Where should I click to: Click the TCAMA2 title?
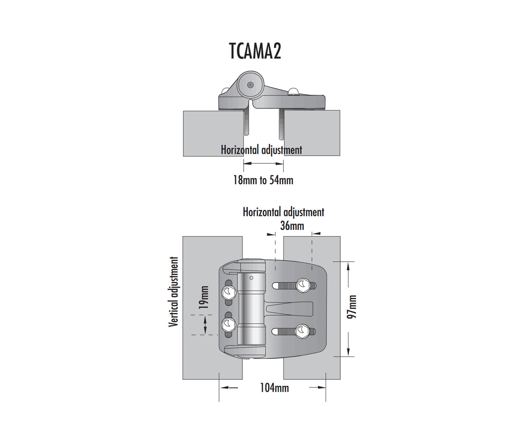(x=255, y=51)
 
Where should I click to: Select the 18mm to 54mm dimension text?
(x=263, y=180)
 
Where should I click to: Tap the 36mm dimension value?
(x=292, y=226)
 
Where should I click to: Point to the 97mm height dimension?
(x=352, y=307)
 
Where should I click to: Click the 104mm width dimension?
(x=274, y=388)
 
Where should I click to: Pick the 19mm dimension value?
(x=204, y=297)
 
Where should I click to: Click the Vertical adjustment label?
(x=173, y=292)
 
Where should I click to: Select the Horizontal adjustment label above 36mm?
(x=283, y=212)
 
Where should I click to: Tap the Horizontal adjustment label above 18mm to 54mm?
(x=261, y=150)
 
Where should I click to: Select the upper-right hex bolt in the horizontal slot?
(x=303, y=285)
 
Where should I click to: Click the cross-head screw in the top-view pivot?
(x=250, y=85)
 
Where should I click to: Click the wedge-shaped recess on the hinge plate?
(x=290, y=308)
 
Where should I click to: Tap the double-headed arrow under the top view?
(x=263, y=163)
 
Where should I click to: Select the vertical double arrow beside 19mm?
(x=205, y=324)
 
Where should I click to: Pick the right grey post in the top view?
(x=312, y=133)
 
